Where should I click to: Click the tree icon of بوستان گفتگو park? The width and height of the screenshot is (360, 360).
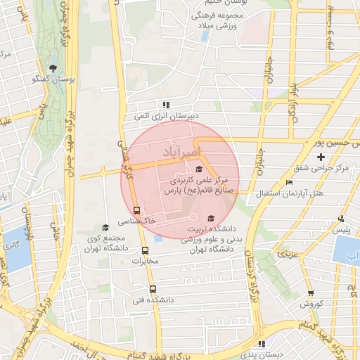[53, 68]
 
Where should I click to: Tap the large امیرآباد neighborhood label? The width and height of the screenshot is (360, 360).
[181, 152]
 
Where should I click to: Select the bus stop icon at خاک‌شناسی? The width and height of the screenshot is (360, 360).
[136, 210]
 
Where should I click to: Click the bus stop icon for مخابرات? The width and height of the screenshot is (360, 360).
[146, 250]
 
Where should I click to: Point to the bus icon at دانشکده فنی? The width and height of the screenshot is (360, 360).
[153, 289]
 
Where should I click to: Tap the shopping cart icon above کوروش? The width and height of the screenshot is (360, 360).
[311, 293]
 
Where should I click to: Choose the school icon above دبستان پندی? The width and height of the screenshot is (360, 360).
[262, 345]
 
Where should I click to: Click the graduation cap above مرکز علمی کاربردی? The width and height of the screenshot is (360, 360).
[199, 169]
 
